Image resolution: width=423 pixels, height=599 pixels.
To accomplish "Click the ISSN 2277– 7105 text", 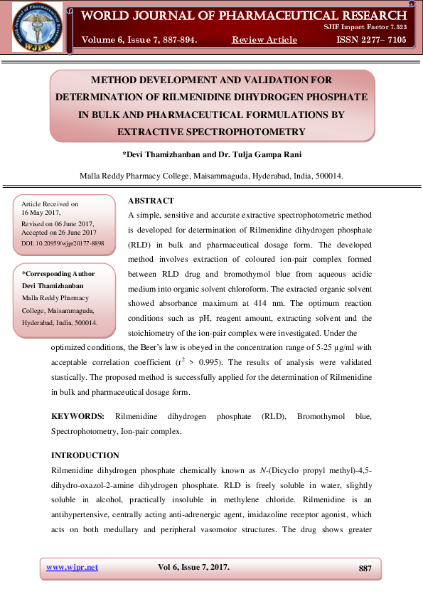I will (x=372, y=40).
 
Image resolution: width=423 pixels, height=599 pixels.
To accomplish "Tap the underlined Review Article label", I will (x=264, y=40).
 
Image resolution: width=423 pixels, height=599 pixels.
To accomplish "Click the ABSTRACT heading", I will (x=151, y=201).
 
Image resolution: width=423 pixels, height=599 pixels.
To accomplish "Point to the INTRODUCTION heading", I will (x=85, y=455).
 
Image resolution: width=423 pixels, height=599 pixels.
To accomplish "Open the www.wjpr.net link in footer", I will (x=72, y=567).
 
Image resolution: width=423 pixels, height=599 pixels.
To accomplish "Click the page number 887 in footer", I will (x=365, y=568).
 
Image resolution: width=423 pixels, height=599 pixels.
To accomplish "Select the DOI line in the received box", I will (x=63, y=243).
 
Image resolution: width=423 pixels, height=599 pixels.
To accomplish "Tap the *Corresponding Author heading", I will (x=58, y=273).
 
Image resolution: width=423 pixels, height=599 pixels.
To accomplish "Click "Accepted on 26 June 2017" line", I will (x=59, y=233).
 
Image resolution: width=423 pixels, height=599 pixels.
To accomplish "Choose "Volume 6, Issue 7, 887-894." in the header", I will (x=140, y=40).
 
